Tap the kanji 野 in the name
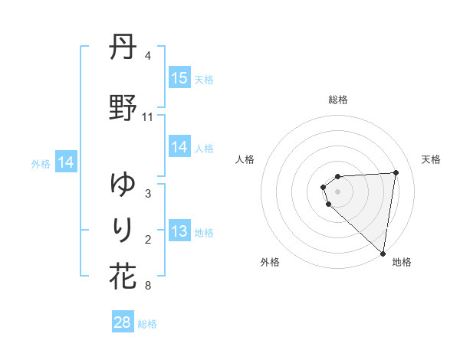123,108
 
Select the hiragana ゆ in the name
123,185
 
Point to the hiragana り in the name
123,229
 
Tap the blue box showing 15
179,78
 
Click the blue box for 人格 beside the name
179,148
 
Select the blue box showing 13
179,232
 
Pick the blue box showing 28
123,322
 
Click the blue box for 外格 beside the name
66,162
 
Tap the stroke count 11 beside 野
148,117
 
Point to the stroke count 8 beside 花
147,286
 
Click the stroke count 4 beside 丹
147,56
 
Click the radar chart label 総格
338,100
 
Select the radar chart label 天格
431,159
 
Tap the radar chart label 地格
402,262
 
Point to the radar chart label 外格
270,262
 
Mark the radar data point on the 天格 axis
396,172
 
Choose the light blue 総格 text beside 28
147,324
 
